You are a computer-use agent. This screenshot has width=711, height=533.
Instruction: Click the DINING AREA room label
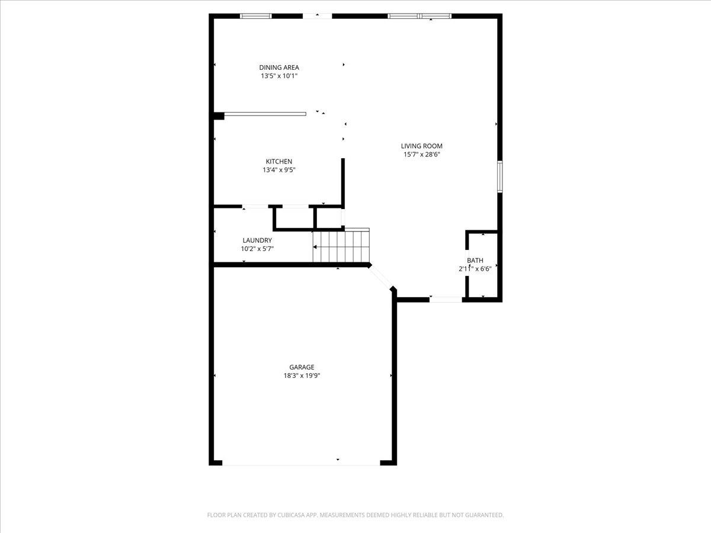pos(279,68)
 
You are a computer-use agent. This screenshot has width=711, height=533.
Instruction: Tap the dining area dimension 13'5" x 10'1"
pos(279,76)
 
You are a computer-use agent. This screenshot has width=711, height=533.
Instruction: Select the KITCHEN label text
pos(278,162)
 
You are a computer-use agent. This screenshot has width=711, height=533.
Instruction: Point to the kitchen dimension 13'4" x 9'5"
pos(278,170)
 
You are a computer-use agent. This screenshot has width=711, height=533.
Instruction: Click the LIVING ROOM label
pos(422,146)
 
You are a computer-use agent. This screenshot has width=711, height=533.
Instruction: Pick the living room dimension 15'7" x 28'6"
pos(422,155)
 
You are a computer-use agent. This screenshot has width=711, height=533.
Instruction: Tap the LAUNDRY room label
pos(257,240)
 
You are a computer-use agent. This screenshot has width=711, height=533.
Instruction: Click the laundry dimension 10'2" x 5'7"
pos(257,249)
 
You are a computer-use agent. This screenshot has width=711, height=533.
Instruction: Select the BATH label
pos(475,261)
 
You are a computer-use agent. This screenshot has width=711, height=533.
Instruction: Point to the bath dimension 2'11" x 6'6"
pos(475,269)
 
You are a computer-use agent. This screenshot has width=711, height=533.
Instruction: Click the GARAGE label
pos(302,367)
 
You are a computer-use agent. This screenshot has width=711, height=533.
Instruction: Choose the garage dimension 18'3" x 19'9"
pos(302,375)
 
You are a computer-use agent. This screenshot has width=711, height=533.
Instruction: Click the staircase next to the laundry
pos(341,246)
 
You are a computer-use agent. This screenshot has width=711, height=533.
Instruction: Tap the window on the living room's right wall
pos(500,176)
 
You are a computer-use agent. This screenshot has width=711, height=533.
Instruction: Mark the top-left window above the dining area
pos(256,16)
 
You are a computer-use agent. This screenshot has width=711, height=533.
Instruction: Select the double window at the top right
pos(419,16)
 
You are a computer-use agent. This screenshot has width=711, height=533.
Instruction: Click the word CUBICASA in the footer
pos(290,515)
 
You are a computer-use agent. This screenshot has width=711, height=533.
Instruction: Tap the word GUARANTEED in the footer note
pos(482,515)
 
